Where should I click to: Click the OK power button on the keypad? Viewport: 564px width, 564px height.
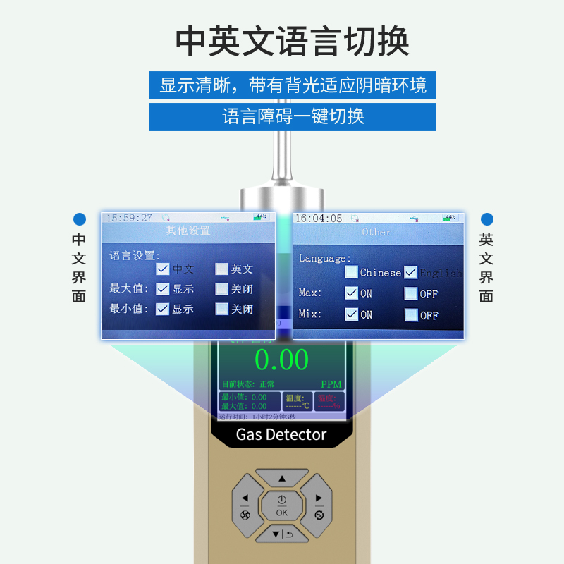(x=282, y=505)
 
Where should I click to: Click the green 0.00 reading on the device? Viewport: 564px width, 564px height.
(x=282, y=360)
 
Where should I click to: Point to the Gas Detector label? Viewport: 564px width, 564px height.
(x=281, y=434)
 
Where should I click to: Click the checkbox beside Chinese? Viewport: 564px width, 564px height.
(x=351, y=272)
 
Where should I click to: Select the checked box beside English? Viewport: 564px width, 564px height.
(x=410, y=272)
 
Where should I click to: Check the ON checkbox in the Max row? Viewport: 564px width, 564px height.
(x=351, y=293)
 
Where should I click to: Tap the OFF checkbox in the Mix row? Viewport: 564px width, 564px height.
(x=410, y=314)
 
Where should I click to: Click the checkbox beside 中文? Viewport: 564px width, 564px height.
(x=163, y=269)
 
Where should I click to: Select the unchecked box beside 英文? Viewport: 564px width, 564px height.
(x=222, y=269)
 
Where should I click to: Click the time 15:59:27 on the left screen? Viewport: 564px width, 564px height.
(x=129, y=218)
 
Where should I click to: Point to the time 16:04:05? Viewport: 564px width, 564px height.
(x=318, y=219)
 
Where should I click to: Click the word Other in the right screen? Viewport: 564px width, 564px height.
(x=376, y=232)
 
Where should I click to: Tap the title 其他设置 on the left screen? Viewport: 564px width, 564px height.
(x=188, y=231)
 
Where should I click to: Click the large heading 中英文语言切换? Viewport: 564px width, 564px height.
(x=292, y=42)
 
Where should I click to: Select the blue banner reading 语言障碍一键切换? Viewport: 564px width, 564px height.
(x=293, y=116)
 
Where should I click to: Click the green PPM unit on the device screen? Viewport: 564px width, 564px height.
(x=331, y=384)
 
